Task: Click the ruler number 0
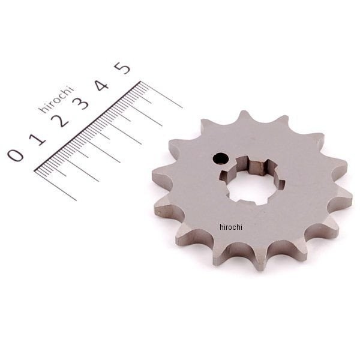click(x=16, y=155)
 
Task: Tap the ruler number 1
click(x=38, y=139)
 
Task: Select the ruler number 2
click(x=60, y=121)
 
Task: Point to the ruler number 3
click(x=80, y=103)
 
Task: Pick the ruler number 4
click(x=101, y=85)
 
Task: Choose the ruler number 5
click(x=122, y=68)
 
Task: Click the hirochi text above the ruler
click(x=56, y=99)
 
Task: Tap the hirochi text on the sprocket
click(x=231, y=227)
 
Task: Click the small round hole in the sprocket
click(x=221, y=158)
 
